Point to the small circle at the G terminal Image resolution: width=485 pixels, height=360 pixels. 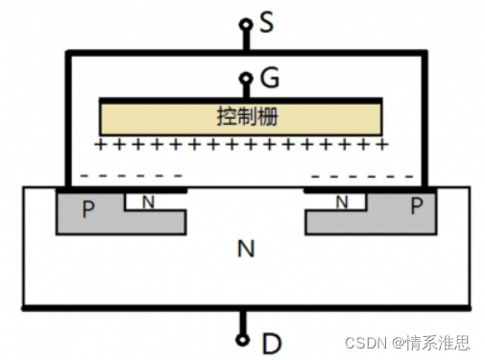tap(246, 80)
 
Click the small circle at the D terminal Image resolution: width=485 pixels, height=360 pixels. tap(243, 339)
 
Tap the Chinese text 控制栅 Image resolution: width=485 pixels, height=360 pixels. tap(242, 116)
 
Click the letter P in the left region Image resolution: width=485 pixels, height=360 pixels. tap(88, 209)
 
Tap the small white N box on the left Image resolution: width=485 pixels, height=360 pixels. tap(147, 203)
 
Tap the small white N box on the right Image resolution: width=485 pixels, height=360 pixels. tap(343, 202)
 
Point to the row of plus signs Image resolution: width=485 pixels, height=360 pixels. tap(242, 145)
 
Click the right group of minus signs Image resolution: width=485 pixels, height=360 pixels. tap(365, 176)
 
